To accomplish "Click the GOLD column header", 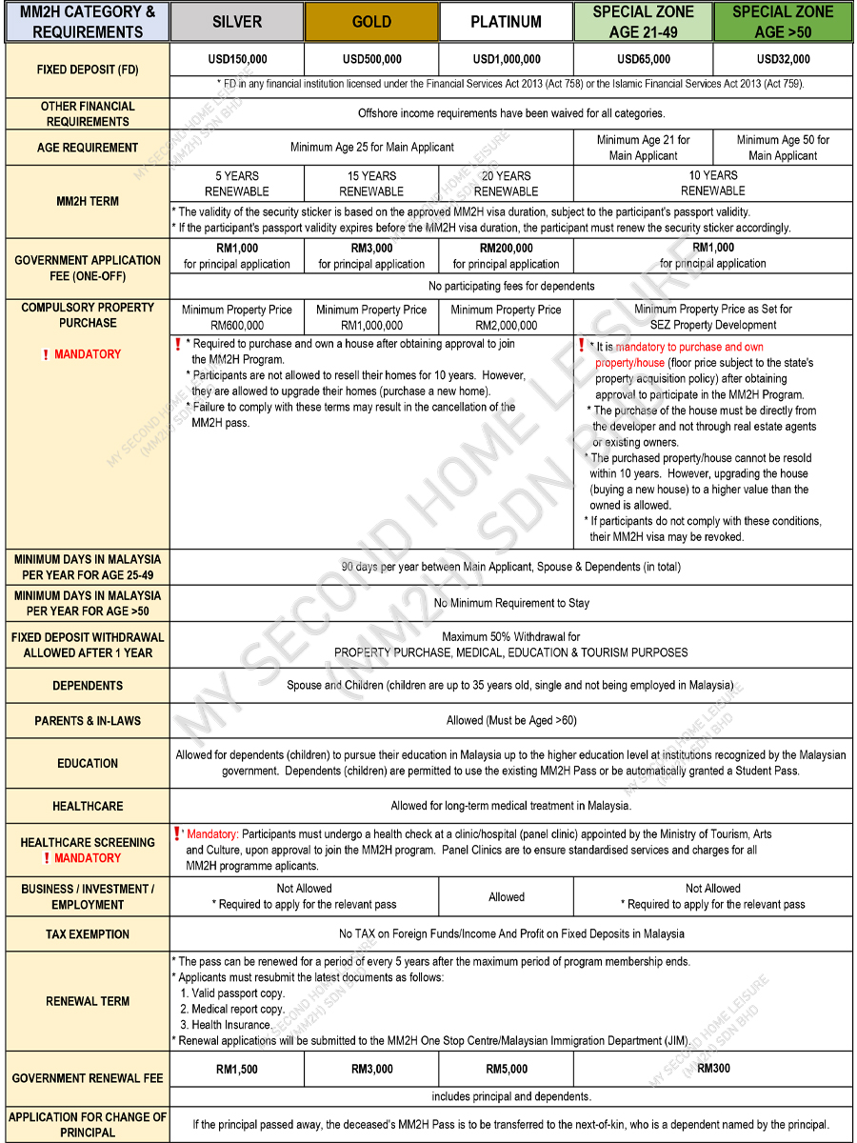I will tap(371, 22).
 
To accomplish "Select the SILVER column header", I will tap(237, 22).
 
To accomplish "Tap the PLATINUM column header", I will tap(507, 22).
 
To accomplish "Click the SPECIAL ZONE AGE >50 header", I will tap(783, 21).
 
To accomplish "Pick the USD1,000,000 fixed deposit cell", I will tap(507, 59).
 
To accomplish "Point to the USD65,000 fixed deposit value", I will tap(644, 59).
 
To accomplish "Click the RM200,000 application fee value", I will tap(507, 248).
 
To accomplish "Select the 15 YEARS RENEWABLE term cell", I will tap(371, 183).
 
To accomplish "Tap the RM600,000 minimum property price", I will tap(237, 325).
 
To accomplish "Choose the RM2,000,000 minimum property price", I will tap(507, 325).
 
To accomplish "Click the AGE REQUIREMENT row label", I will tap(88, 148).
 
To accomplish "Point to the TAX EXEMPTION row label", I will tap(88, 933).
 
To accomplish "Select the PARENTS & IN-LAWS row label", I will tap(88, 720).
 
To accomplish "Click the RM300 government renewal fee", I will tap(713, 1069).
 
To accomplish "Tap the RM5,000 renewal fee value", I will tap(507, 1069).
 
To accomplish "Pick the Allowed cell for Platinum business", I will tap(507, 896).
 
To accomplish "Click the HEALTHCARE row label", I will tap(88, 806).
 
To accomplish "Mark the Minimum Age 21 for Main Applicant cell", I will tap(644, 148).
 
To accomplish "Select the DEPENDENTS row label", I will tap(88, 686).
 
